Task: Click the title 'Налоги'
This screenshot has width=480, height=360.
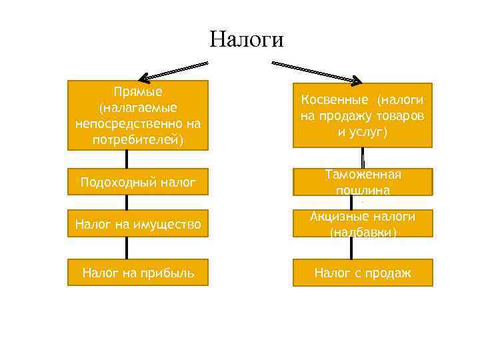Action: [x=246, y=39]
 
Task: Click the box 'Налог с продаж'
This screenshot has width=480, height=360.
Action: [x=363, y=272]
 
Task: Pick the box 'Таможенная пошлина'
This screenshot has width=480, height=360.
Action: [x=363, y=181]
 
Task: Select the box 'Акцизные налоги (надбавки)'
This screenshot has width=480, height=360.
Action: [x=363, y=224]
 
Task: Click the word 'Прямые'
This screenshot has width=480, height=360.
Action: [x=139, y=91]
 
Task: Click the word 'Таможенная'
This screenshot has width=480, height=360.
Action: [x=363, y=175]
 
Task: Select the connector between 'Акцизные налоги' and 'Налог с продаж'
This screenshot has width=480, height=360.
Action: [x=351, y=248]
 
